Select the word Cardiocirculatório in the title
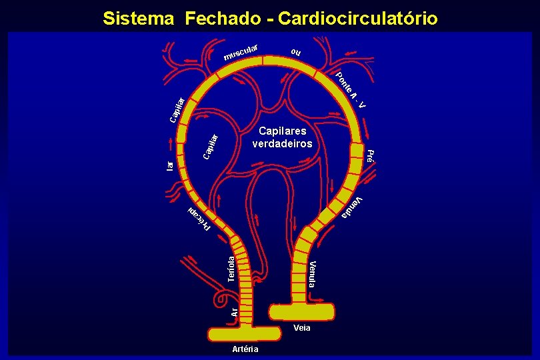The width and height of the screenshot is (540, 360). tap(358, 18)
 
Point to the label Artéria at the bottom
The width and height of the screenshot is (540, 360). tap(246, 349)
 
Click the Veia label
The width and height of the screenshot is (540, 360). tap(301, 327)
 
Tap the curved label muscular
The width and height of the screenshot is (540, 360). tap(241, 51)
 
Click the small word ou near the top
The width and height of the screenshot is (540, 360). tap(296, 52)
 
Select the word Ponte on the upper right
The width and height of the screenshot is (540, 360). tap(343, 82)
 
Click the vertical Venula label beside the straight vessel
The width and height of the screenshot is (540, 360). tap(313, 274)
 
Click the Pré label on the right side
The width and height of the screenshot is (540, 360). tap(371, 156)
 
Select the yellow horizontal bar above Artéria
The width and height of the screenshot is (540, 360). tap(246, 333)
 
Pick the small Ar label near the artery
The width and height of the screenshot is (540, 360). tap(233, 311)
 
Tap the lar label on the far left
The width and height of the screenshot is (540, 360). tap(170, 164)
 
